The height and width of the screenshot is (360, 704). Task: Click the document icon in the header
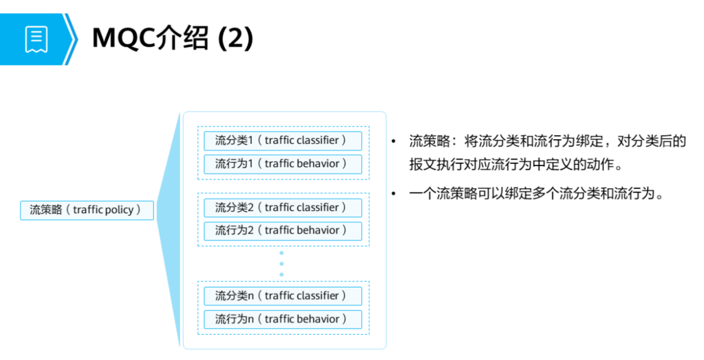36,39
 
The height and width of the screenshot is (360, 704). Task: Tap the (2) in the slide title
236,39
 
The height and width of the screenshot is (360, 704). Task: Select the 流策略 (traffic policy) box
87,210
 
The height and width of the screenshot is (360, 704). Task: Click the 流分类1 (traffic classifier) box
282,140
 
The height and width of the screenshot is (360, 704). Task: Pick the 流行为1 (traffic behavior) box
282,164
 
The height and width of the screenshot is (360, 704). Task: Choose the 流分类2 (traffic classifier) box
282,208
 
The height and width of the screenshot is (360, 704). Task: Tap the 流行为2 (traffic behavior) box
282,231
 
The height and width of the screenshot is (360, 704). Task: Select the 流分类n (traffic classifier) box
282,296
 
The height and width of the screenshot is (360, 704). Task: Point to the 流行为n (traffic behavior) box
282,319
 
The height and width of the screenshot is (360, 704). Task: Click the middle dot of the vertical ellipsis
281,264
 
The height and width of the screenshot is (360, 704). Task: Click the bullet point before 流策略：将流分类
394,141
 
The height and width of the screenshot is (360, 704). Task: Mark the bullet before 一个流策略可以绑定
394,194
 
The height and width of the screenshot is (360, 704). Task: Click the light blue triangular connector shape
170,230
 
